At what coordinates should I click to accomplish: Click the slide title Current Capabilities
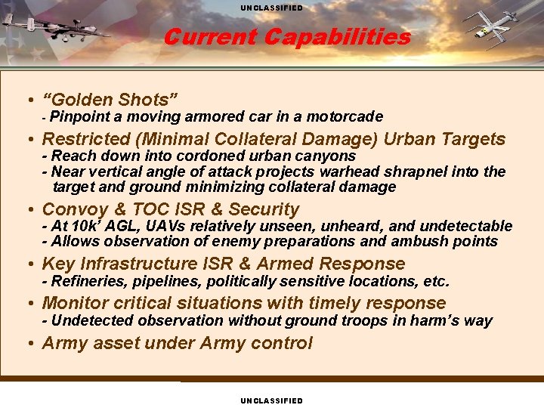286,37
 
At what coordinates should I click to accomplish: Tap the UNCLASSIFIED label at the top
271,8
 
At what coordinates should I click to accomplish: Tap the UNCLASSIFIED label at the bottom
271,400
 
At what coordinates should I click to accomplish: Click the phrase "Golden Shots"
110,99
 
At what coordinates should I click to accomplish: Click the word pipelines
163,282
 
